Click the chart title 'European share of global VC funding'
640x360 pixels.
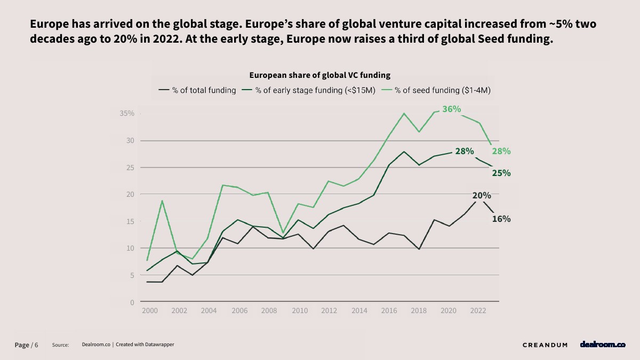[x=320, y=75]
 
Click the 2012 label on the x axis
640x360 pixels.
[x=329, y=310]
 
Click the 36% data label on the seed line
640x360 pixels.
[x=451, y=109]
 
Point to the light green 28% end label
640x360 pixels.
[x=501, y=151]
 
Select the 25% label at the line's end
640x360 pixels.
[x=501, y=173]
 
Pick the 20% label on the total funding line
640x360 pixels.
[x=482, y=196]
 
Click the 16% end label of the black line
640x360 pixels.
[x=501, y=219]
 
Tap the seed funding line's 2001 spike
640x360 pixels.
[x=162, y=201]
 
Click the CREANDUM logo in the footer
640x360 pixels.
[x=545, y=345]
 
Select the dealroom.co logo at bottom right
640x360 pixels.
[x=603, y=345]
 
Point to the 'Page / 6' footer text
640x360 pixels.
[x=26, y=345]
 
